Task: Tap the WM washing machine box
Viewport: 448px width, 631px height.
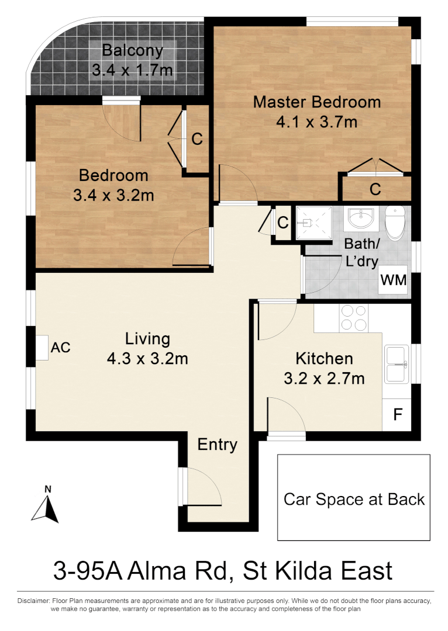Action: [393, 280]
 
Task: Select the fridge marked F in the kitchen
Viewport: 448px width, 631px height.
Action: [398, 415]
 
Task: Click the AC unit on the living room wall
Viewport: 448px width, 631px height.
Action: [42, 348]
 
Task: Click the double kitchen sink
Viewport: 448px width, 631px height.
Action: [397, 365]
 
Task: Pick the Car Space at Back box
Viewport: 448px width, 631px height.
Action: [353, 498]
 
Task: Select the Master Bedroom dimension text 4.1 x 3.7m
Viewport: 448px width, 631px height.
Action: [316, 122]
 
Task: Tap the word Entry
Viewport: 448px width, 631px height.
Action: [217, 445]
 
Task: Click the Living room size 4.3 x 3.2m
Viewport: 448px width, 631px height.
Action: [147, 358]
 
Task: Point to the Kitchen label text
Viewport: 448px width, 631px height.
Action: [324, 358]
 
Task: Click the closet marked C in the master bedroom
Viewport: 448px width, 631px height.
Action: [375, 189]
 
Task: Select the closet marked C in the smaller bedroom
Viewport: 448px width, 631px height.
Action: [197, 139]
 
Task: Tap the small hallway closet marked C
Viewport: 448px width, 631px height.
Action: [282, 223]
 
